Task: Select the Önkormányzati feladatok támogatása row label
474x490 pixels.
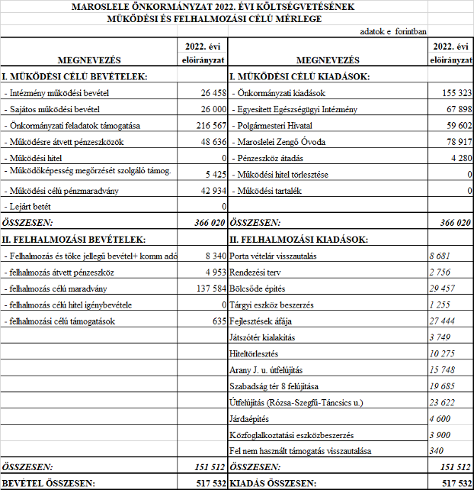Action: tap(72, 125)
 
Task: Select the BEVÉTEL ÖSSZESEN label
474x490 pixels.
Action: tap(47, 483)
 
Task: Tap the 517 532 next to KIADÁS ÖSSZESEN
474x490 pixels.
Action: tap(454, 483)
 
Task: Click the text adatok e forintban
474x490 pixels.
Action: tap(392, 31)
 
